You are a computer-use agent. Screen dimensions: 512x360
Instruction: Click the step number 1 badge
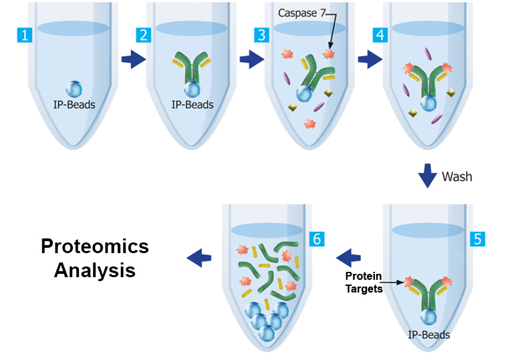tap(25, 35)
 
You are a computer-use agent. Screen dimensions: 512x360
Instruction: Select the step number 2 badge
tap(143, 35)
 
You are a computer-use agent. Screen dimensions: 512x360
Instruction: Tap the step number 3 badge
tap(261, 35)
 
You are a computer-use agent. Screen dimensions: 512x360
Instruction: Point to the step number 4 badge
tap(380, 35)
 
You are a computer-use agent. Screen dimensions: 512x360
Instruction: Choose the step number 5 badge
tap(477, 239)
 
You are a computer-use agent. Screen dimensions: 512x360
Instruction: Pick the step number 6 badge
tap(317, 239)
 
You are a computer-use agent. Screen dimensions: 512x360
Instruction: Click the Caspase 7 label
tap(301, 13)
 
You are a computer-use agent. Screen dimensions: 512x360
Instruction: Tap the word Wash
tap(457, 176)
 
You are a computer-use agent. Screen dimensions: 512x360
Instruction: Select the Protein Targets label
tap(364, 283)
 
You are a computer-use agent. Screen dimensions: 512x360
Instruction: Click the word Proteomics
tap(95, 246)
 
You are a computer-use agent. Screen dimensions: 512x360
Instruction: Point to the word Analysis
tap(95, 271)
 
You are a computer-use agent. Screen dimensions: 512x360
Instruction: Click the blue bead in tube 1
tap(74, 89)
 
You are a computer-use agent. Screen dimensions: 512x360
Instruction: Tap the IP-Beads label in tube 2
tap(193, 105)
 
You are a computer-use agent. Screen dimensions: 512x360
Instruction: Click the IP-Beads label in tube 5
tap(428, 335)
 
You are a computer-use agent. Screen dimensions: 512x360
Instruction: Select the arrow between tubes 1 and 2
tap(134, 59)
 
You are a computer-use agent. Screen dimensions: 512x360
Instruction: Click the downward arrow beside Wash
tap(427, 176)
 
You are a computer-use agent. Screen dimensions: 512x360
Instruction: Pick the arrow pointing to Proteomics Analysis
tap(199, 258)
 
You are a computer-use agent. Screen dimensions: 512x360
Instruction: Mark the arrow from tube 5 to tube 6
tap(348, 258)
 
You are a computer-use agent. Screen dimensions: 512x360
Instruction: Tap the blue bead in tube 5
tap(428, 317)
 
